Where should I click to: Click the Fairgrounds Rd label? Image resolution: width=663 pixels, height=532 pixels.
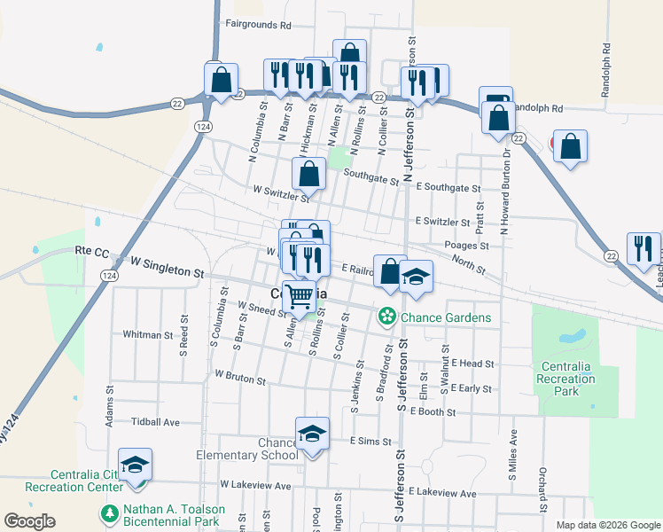[x=258, y=25]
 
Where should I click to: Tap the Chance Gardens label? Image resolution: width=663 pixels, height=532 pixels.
[x=448, y=317]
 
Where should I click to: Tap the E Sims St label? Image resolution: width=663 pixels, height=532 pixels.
[x=370, y=441]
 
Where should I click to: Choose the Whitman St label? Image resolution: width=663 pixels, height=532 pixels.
[x=149, y=335]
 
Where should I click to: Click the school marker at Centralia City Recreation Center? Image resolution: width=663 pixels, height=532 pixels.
[x=135, y=465]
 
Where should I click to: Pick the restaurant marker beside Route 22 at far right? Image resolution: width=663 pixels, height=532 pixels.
[x=643, y=247]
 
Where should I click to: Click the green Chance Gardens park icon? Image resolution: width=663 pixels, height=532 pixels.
[x=386, y=316]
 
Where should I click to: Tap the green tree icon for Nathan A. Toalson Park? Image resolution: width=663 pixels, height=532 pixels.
[x=109, y=512]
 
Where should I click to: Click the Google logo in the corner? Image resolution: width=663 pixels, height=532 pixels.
[x=29, y=521]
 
